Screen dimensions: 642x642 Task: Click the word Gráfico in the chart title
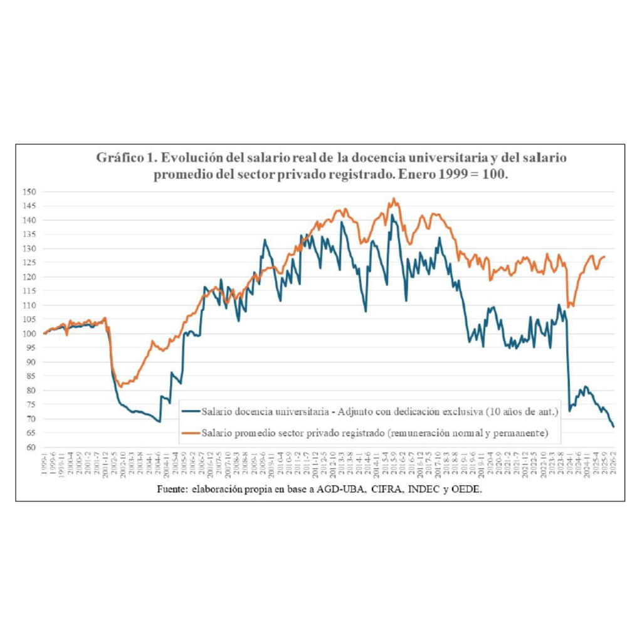tap(118, 158)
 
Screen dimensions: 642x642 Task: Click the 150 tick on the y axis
tap(30, 192)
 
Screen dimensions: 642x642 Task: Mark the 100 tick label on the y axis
tap(30, 334)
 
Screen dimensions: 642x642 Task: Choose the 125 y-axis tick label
tap(30, 263)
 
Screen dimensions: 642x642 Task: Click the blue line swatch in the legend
tap(191, 411)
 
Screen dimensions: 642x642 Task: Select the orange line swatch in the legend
tap(191, 432)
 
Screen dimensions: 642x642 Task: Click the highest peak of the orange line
tap(394, 199)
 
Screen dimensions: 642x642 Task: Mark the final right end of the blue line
tap(614, 427)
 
